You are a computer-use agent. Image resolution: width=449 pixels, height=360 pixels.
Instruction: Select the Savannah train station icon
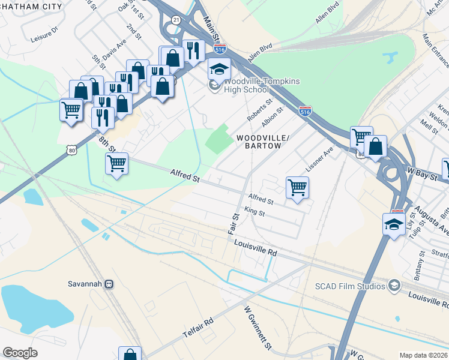[x=109, y=284]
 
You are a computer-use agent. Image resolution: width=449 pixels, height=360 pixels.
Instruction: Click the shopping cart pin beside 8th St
[x=116, y=163]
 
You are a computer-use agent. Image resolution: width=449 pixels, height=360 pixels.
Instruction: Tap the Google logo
[x=20, y=353]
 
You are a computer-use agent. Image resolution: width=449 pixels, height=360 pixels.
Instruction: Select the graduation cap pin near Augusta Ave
[x=394, y=225]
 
